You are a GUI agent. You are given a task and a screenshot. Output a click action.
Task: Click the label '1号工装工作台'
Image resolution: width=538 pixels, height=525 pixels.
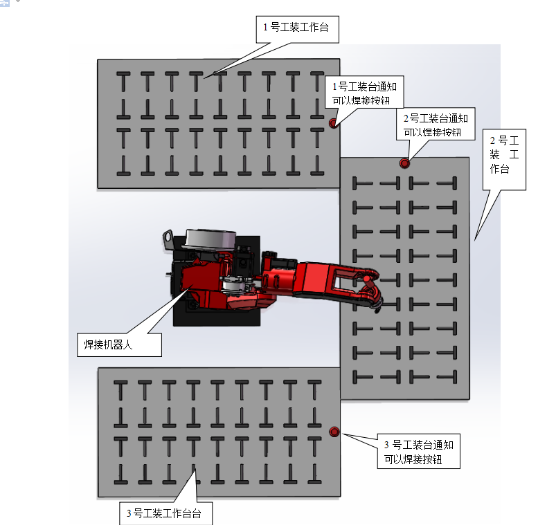pos(296,28)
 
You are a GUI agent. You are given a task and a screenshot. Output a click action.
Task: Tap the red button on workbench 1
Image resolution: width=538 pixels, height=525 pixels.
pos(333,123)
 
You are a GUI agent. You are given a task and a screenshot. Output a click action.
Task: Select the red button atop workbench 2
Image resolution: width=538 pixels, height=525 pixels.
pos(404,163)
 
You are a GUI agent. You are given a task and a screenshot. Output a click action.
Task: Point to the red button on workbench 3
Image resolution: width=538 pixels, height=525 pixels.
pos(334,432)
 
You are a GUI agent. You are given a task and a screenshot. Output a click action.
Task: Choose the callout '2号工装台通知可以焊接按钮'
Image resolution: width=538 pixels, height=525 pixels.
pos(436,125)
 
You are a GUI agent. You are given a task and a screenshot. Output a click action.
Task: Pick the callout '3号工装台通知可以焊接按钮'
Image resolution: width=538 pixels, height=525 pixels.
pos(419,452)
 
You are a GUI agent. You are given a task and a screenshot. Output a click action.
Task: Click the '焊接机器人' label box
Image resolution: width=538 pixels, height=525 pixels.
pos(118,344)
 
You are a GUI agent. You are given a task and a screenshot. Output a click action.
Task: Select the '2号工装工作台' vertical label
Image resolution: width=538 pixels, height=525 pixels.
pos(500,154)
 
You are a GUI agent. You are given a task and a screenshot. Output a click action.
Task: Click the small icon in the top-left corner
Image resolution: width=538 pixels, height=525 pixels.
pos(5,3)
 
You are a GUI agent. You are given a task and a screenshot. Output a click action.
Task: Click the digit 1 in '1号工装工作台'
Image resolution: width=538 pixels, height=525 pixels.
pos(266,28)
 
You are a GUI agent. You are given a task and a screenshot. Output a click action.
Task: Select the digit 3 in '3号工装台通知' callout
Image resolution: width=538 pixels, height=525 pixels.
pos(387,444)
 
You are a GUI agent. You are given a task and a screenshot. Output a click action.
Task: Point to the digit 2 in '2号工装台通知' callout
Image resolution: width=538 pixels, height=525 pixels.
pos(406,118)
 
